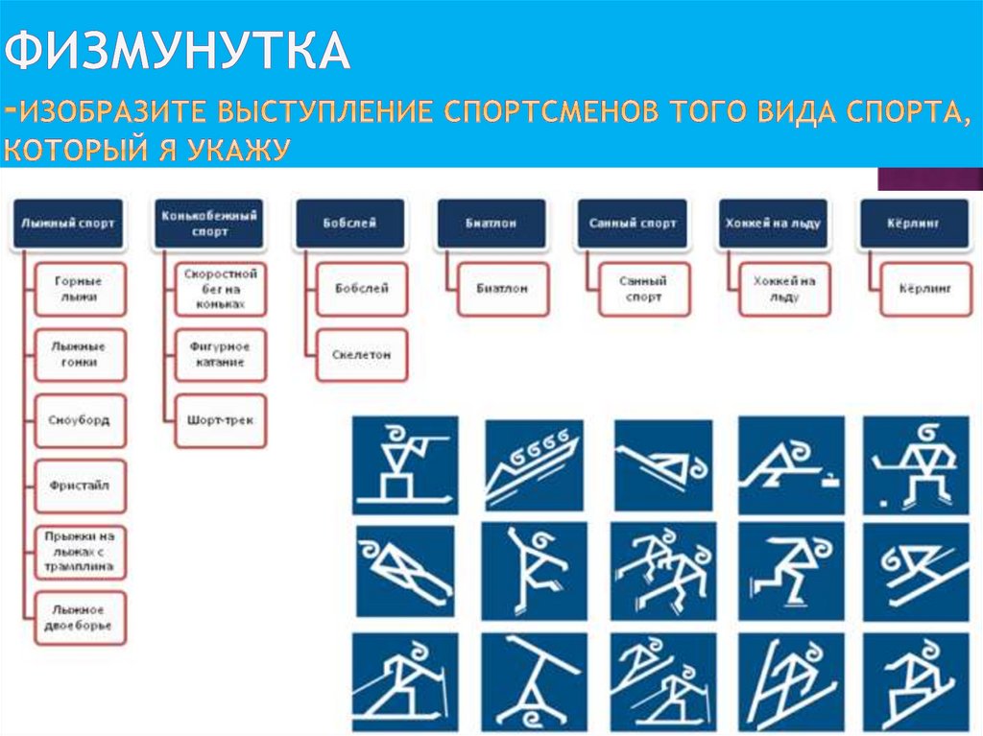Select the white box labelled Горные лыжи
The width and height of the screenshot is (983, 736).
[80, 290]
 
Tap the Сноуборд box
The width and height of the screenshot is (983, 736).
[80, 420]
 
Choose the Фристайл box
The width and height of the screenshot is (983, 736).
[80, 486]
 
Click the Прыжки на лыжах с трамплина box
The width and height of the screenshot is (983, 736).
[80, 552]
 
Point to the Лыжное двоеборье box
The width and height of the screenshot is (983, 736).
[80, 617]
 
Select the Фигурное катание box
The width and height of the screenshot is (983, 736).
[220, 355]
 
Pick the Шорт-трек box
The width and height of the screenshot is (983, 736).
[220, 420]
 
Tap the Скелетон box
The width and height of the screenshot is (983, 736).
[361, 355]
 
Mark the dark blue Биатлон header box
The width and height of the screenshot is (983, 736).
[491, 224]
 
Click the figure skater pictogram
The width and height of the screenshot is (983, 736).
[532, 572]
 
